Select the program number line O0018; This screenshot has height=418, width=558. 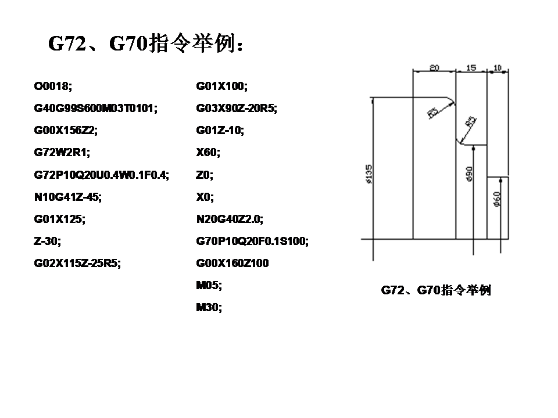[53, 87]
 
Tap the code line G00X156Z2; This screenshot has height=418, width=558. [66, 131]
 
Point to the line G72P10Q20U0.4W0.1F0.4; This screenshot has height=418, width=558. [102, 175]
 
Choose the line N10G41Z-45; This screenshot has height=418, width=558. [68, 197]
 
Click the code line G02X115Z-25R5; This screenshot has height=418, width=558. [78, 263]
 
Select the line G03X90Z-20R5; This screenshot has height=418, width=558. [237, 109]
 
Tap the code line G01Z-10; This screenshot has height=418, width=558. [220, 131]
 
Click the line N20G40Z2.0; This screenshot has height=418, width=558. [230, 219]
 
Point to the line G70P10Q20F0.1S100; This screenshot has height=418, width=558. [252, 241]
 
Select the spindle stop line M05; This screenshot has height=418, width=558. [209, 285]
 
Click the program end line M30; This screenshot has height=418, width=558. [209, 307]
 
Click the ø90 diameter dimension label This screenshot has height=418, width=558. [470, 173]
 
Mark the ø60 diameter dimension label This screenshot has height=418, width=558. [497, 199]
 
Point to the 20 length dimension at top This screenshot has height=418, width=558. [434, 67]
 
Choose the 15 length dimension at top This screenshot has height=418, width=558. [471, 67]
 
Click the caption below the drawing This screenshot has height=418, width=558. [436, 290]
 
